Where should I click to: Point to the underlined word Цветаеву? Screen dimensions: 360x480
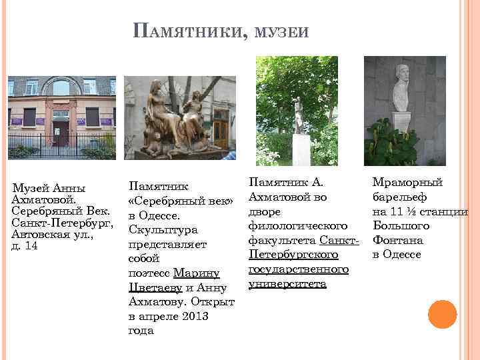click(x=157, y=287)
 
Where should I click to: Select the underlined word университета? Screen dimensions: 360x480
click(x=287, y=284)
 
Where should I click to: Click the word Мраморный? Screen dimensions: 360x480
click(x=407, y=182)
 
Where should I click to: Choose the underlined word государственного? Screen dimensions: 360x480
click(x=298, y=269)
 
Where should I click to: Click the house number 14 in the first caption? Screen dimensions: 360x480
click(x=31, y=246)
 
